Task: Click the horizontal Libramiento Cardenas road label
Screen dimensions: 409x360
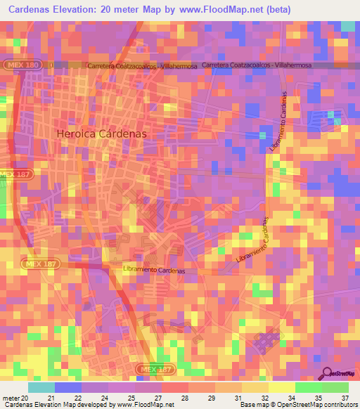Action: (153, 271)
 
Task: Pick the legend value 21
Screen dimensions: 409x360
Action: (50, 398)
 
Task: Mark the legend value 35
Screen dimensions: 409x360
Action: (317, 398)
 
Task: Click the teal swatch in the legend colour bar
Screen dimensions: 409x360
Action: (41, 387)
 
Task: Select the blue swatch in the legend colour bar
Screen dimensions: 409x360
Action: (68, 387)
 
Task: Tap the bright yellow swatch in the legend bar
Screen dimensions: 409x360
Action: (281, 387)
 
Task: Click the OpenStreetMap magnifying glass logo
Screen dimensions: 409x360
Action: (328, 373)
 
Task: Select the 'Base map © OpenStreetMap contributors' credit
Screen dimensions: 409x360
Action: (297, 405)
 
